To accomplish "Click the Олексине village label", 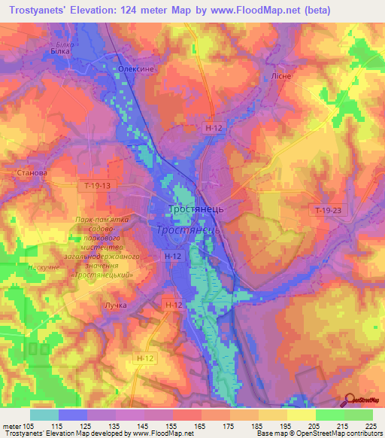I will coord(136,68).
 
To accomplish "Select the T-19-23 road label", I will coord(328,211).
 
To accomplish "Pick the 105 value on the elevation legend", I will coord(29,426).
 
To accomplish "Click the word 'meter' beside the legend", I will coord(11,426).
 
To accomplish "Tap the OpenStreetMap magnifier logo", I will coord(351,401).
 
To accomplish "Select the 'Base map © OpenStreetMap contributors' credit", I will coord(317,433).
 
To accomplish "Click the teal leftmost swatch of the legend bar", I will coord(44,415).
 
